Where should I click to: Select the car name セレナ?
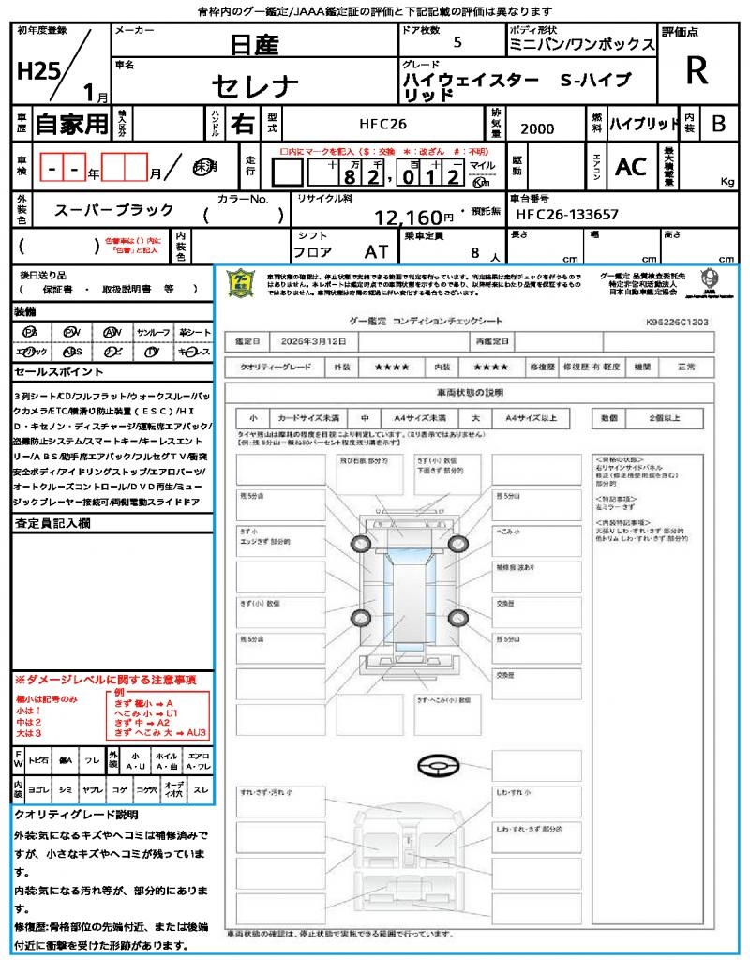pos(255,87)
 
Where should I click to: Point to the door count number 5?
pos(457,42)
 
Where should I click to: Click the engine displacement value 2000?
pos(537,129)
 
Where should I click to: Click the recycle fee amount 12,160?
pos(408,217)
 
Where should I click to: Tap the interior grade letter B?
pos(718,123)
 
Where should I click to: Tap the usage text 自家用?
pos(71,123)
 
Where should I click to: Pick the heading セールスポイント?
pos(51,372)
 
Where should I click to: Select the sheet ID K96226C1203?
pos(677,322)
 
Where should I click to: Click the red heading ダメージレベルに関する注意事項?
pos(108,679)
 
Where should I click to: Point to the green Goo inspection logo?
pos(241,284)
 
